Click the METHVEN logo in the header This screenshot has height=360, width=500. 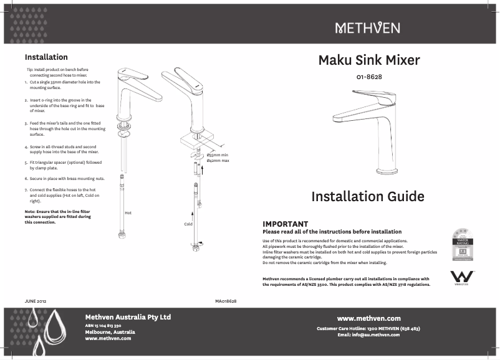pos(368,28)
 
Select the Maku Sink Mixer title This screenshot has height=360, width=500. pos(369,60)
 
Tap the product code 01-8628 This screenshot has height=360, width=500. pos(369,77)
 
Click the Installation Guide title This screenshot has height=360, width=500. pos(368,197)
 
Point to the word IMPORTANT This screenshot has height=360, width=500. pos(286,224)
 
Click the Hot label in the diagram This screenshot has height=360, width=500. pos(128,213)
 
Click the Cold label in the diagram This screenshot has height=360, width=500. pos(188,224)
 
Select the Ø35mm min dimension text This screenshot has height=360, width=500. pos(218,154)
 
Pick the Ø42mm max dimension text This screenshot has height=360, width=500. pos(218,161)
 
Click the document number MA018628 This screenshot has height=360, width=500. pos(225,301)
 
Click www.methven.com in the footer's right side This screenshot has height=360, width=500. pos(368,318)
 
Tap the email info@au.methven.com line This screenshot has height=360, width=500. pos(368,334)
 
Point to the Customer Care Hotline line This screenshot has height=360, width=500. pos(368,328)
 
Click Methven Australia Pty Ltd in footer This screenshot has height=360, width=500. pos(128,317)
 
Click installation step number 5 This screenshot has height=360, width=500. pos(26,163)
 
